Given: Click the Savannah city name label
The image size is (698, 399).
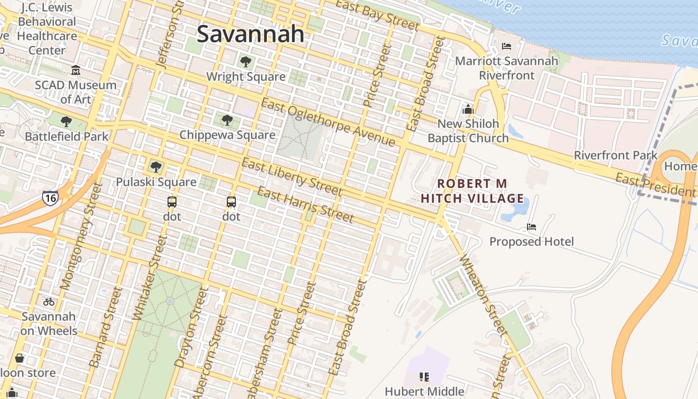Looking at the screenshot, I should [250, 34].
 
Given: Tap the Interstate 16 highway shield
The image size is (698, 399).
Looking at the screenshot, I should [50, 198].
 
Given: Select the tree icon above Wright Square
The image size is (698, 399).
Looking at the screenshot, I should [245, 62].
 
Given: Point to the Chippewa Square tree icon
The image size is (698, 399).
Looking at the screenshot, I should [227, 120].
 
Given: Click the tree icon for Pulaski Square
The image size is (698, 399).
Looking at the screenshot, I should [156, 167].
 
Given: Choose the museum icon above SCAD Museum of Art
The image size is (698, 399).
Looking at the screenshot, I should [76, 70].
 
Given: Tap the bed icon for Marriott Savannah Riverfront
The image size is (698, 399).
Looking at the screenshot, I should [507, 47].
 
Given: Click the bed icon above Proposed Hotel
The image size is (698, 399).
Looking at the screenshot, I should [531, 227].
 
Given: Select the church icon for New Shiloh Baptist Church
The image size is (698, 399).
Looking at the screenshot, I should [468, 109].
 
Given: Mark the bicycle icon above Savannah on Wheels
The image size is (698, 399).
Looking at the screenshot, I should [49, 302].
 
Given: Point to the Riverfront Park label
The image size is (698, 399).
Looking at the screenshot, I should [616, 155].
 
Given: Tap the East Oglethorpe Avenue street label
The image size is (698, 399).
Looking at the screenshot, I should [328, 123].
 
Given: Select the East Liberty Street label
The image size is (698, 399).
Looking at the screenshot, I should [292, 177].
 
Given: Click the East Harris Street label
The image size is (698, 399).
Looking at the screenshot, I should [305, 205].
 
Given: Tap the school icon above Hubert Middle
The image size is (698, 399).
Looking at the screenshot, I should [424, 377].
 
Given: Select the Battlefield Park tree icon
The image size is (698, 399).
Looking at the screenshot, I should [66, 121].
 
